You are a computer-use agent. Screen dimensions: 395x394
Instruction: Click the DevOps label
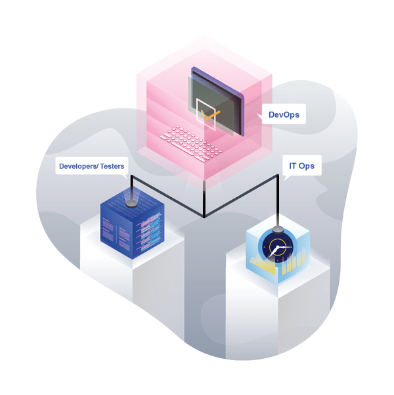(x=284, y=114)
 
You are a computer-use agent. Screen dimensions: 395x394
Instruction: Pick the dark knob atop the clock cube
(x=278, y=229)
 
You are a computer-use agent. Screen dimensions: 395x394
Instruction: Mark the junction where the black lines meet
(x=204, y=216)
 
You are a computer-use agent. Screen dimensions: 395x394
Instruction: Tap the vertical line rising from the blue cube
(x=131, y=187)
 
